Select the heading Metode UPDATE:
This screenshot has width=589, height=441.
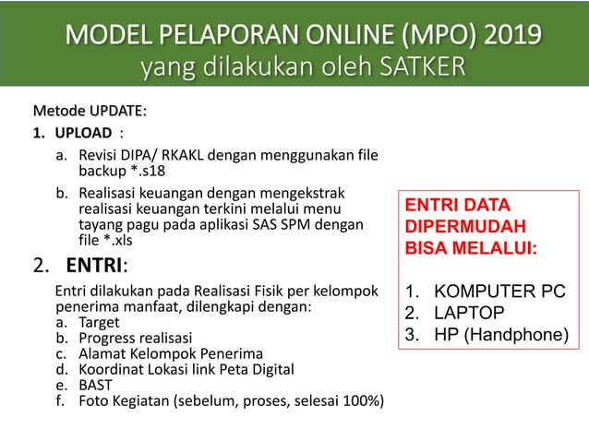[x=90, y=111]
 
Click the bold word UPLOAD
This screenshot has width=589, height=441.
[x=84, y=133]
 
